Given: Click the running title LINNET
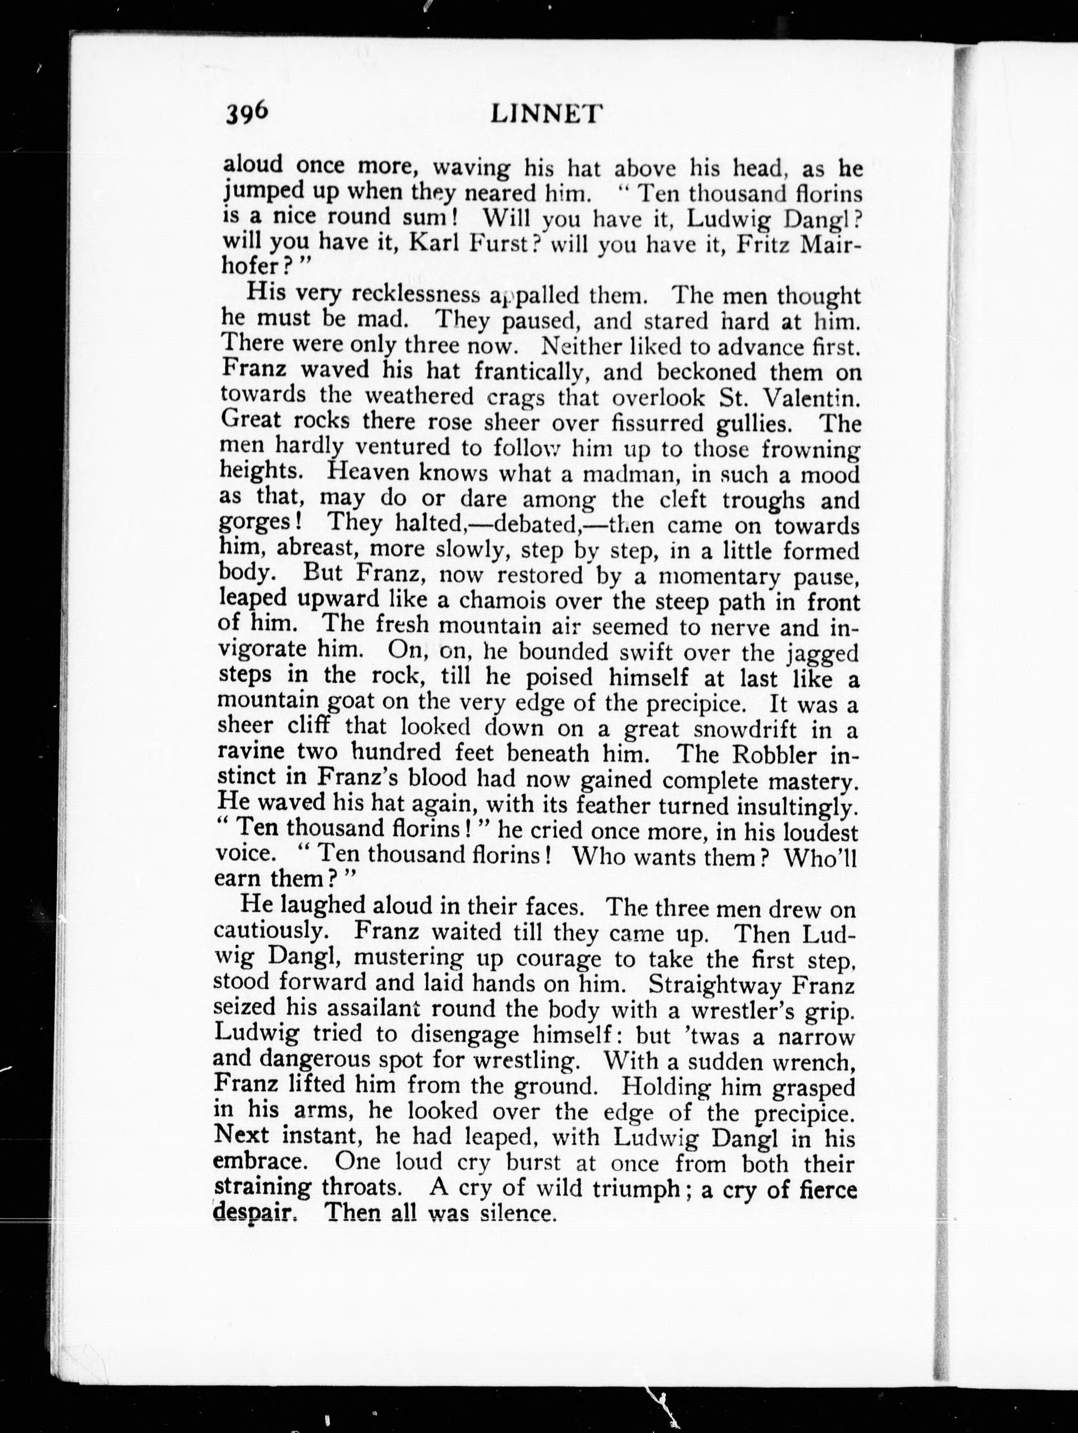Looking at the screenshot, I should click(x=546, y=114).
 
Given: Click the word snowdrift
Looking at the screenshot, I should click(x=745, y=730).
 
